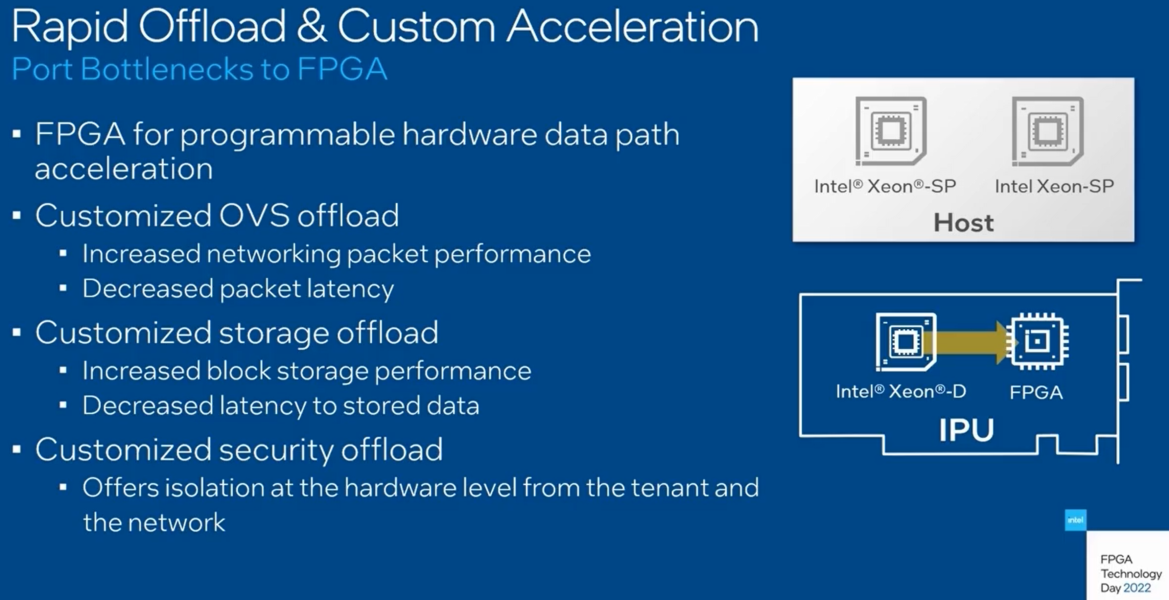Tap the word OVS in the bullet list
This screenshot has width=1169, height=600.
[254, 215]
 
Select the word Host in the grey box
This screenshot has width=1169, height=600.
[963, 222]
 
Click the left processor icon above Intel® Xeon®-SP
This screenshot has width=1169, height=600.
[890, 131]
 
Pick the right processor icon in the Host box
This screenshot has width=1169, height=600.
[1047, 131]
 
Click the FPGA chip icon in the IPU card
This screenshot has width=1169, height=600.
[1037, 341]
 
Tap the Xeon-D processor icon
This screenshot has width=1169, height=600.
[906, 341]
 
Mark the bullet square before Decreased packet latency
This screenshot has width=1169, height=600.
[63, 288]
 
